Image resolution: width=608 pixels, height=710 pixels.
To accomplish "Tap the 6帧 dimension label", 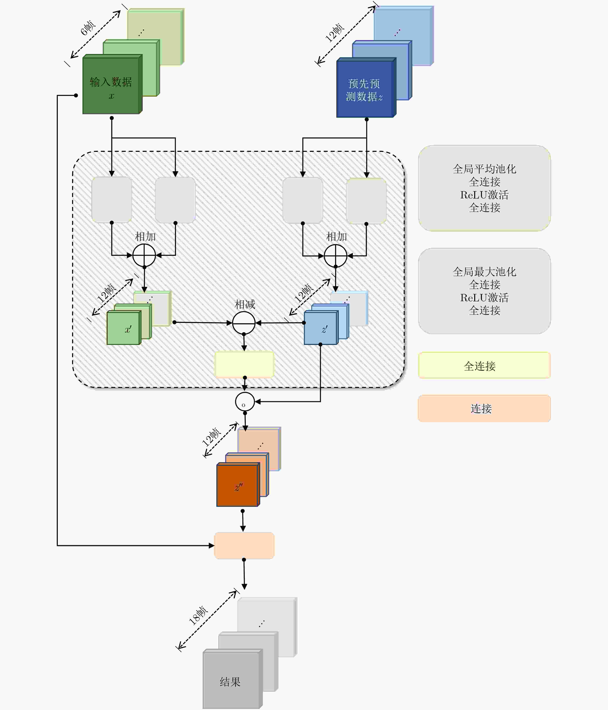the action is pos(88,28).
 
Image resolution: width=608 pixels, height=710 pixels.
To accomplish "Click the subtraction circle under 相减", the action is pos(244,323).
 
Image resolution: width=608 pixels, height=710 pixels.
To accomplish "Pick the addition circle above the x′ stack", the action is pos(144,255).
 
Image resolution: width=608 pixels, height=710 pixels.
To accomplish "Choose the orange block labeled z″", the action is pos(238,485).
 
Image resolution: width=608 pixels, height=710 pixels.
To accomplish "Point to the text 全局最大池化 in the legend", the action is pos(484,272).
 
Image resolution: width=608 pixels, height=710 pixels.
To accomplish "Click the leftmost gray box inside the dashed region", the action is pos(112,200).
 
